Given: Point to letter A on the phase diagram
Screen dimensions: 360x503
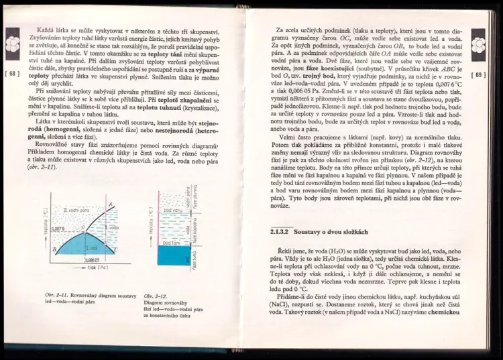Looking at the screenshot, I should [110, 204].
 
